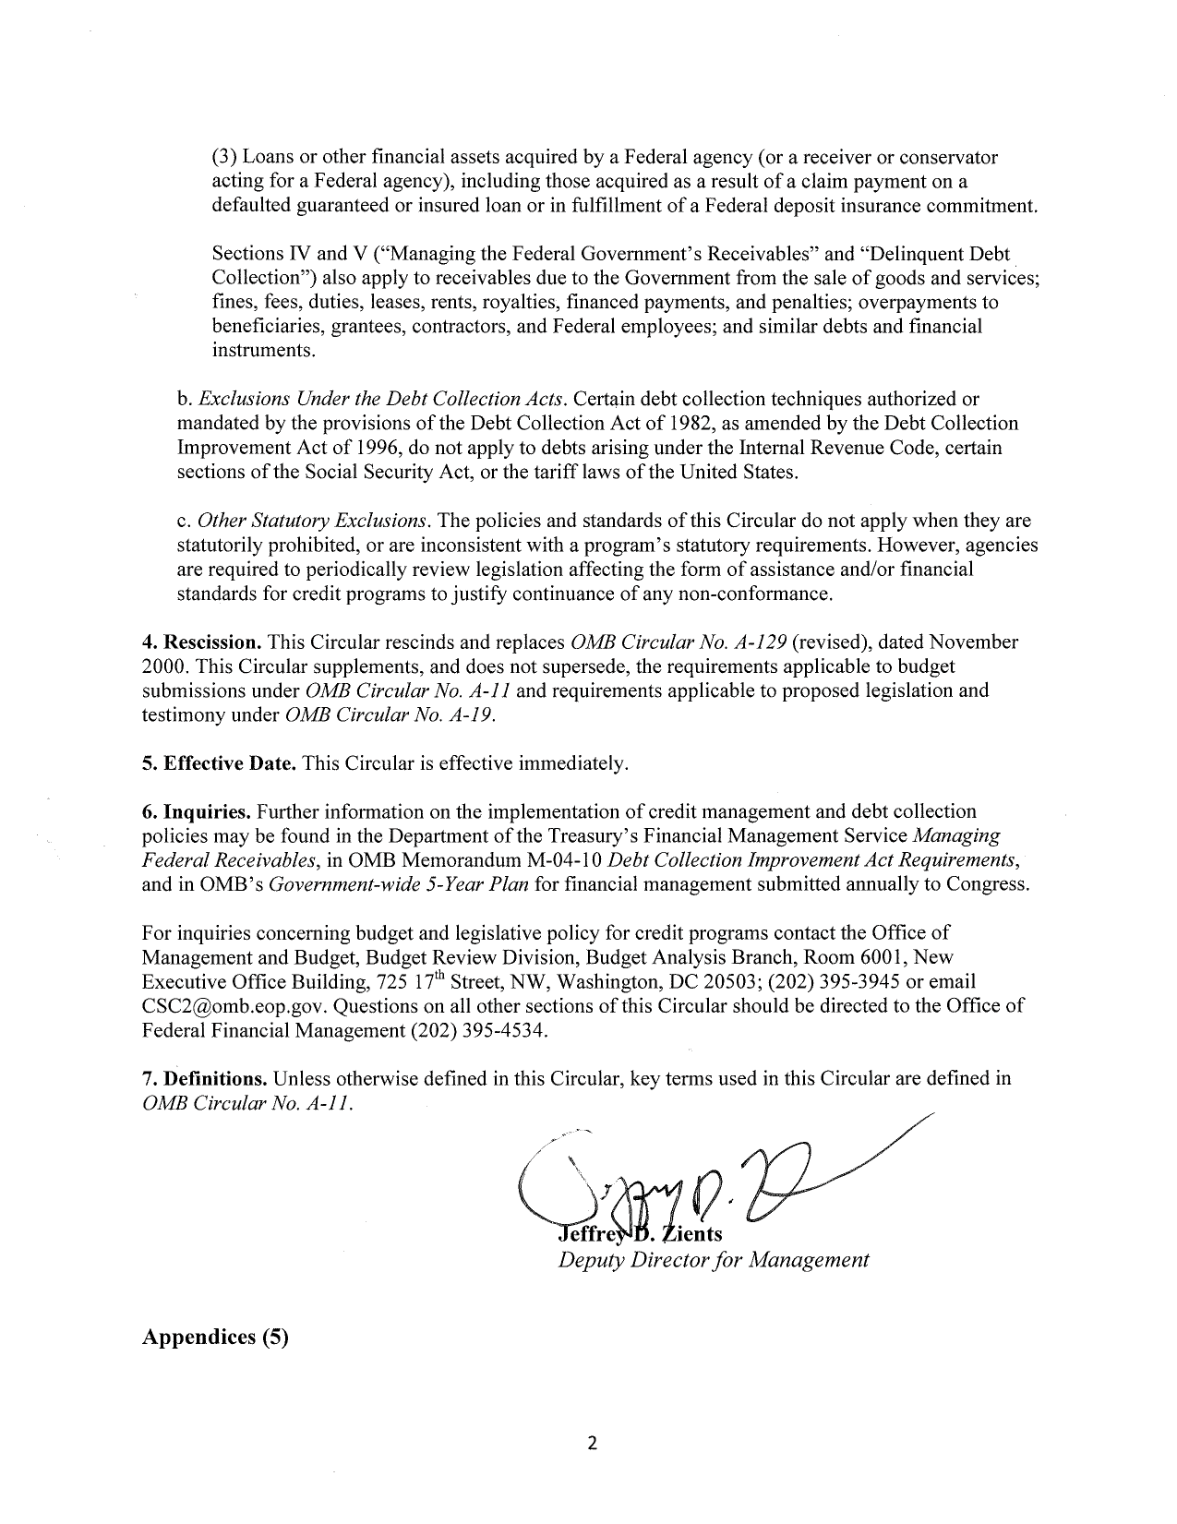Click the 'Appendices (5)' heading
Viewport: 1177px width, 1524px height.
pyautogui.click(x=215, y=1336)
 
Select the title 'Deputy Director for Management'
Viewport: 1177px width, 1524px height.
pyautogui.click(x=714, y=1260)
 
